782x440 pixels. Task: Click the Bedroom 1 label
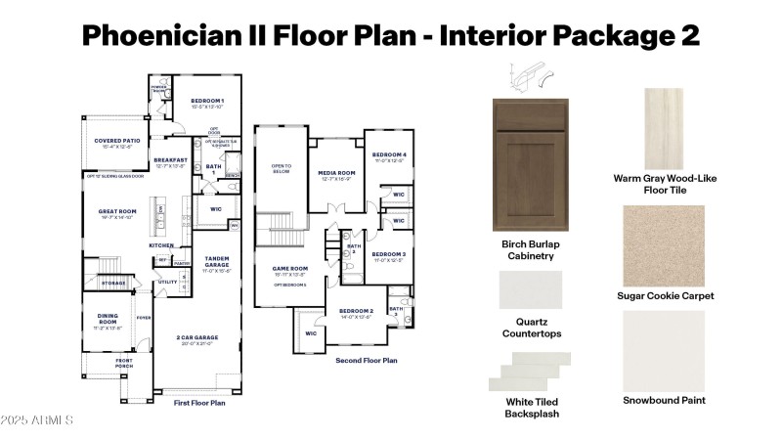point(206,102)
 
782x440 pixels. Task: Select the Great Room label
point(116,211)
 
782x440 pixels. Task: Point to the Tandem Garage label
point(216,262)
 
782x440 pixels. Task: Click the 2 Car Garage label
point(199,338)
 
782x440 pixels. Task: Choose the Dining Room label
point(108,319)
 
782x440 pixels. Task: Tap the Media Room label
point(337,173)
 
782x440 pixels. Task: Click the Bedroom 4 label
point(389,155)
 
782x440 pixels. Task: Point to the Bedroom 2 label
point(356,312)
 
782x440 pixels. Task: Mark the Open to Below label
point(281,168)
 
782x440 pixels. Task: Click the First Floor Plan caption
point(200,402)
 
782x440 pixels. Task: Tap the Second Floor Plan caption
point(367,360)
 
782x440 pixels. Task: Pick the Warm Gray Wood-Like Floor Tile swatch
point(665,126)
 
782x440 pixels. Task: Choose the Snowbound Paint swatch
point(664,349)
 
